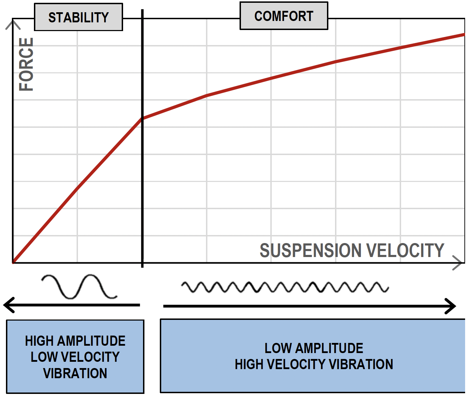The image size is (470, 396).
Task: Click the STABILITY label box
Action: coord(78,17)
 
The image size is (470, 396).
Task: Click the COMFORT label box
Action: coord(284,16)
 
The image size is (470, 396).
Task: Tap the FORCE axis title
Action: coord(27,64)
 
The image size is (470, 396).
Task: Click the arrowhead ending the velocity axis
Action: coord(458,263)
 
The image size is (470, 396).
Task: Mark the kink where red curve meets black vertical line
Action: coord(142,118)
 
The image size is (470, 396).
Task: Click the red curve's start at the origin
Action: coord(14,262)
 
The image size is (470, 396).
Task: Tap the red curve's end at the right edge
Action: coord(463,35)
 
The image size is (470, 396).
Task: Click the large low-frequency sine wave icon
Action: coord(79,287)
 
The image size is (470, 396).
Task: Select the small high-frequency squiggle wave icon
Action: coord(285,287)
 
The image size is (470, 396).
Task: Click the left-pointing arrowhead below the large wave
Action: coord(8,305)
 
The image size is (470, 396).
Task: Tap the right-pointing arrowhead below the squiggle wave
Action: coord(451,306)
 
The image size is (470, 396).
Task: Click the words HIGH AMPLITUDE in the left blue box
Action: coord(75,341)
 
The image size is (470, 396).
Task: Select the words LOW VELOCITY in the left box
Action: coord(75,357)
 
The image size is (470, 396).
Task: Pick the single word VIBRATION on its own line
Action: coord(75,373)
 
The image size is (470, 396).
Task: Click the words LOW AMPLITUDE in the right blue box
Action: coord(314,348)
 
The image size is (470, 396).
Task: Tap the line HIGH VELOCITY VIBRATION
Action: coord(314,364)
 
